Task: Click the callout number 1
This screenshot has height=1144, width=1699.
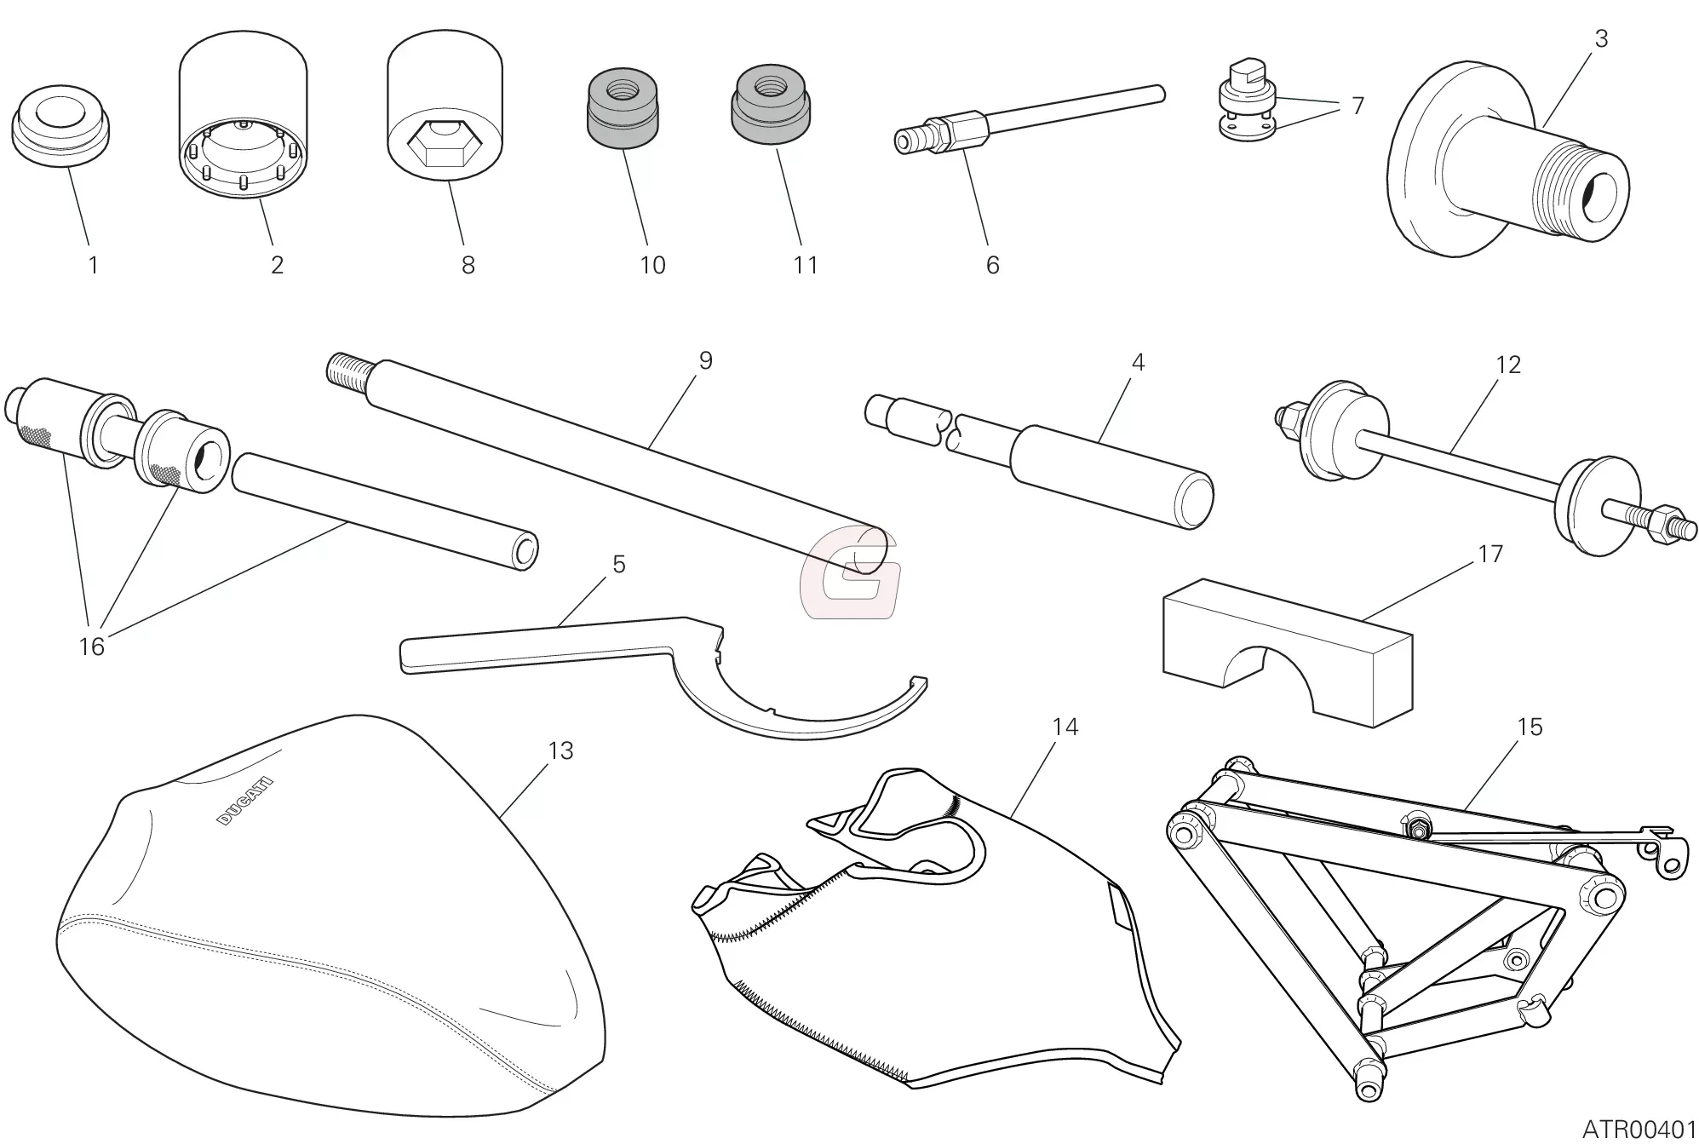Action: tap(93, 265)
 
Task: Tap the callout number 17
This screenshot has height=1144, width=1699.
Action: tap(1489, 554)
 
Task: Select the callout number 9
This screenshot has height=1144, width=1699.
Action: tap(705, 360)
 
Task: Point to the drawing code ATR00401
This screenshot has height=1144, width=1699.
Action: tap(1639, 1130)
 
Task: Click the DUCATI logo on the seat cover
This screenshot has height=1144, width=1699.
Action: tap(245, 801)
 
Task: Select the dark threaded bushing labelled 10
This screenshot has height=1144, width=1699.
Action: tap(623, 107)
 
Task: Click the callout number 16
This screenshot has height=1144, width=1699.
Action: tap(91, 647)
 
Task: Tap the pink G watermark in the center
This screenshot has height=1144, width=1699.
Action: tap(850, 572)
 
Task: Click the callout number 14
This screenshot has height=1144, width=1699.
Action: tap(1065, 727)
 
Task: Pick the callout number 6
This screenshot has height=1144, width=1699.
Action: tap(992, 265)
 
